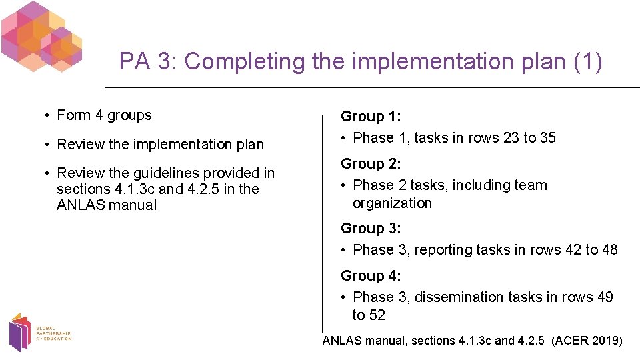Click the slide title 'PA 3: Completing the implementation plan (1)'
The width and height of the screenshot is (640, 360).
click(360, 61)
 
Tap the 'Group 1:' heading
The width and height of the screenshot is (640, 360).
click(371, 117)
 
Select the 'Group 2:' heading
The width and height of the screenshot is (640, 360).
click(371, 164)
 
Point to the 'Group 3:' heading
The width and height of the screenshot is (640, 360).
click(371, 229)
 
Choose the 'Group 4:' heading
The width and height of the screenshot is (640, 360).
click(371, 276)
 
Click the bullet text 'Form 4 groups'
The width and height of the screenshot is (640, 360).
click(105, 115)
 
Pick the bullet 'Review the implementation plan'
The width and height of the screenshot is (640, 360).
click(161, 145)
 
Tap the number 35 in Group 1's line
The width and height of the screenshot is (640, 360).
click(547, 138)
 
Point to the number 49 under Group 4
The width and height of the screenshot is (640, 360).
click(605, 297)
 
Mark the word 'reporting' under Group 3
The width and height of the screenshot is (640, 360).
click(443, 250)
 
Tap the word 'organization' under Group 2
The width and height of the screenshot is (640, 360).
click(392, 203)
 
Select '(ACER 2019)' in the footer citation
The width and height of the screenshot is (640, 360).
click(587, 341)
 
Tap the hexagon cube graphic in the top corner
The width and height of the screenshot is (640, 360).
click(41, 36)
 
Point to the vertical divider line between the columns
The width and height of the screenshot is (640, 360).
click(323, 220)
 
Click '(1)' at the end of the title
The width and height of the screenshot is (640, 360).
click(587, 61)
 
